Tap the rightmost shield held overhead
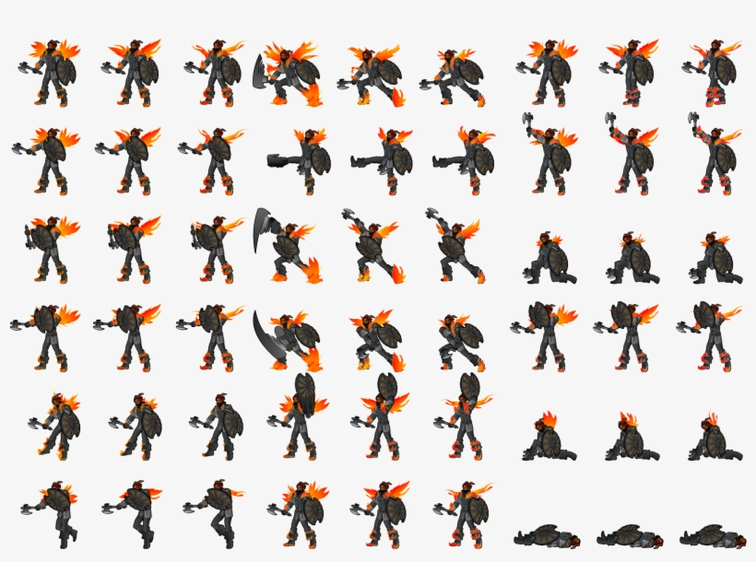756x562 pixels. tap(470, 387)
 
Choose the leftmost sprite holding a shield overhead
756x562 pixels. tap(299, 419)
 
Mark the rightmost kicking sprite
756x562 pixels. tap(470, 158)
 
